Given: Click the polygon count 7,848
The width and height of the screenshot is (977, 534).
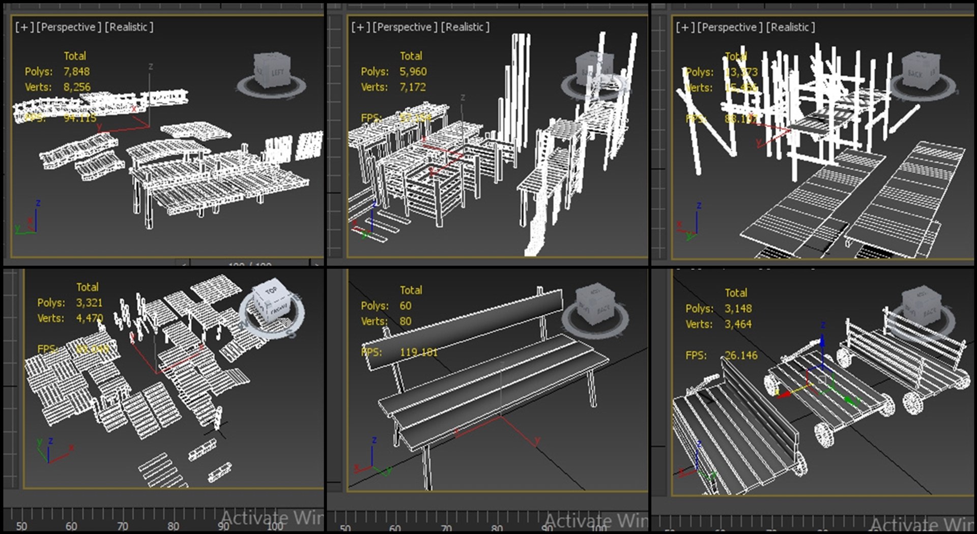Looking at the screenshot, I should click(76, 72).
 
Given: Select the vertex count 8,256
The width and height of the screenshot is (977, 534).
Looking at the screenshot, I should click(77, 87).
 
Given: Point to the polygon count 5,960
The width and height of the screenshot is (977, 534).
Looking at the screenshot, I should click(413, 72).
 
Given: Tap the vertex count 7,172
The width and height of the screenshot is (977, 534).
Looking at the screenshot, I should click(412, 87).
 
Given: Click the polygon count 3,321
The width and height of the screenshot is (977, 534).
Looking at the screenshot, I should click(89, 303).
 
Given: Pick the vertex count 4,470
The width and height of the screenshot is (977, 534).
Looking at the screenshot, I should click(89, 318).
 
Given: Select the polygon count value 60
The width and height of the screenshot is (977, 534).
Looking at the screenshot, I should click(405, 306).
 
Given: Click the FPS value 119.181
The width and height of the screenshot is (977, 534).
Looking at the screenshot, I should click(418, 352).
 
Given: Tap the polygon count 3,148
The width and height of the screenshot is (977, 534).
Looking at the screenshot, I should click(738, 309).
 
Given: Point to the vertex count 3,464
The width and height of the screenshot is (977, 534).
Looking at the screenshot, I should click(738, 324).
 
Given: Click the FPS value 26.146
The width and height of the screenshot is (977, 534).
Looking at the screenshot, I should click(741, 355).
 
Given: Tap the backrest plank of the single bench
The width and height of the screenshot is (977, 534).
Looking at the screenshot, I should click(463, 325).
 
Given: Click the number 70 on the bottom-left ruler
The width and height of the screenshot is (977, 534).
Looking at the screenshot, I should click(122, 526).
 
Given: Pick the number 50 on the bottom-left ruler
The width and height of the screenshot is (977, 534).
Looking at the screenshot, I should click(21, 526).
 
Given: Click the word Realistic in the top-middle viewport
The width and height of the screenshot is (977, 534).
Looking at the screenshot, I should click(465, 27).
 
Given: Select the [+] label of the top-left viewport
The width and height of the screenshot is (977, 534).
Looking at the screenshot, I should click(24, 27).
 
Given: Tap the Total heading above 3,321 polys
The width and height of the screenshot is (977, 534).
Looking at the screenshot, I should click(87, 287).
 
